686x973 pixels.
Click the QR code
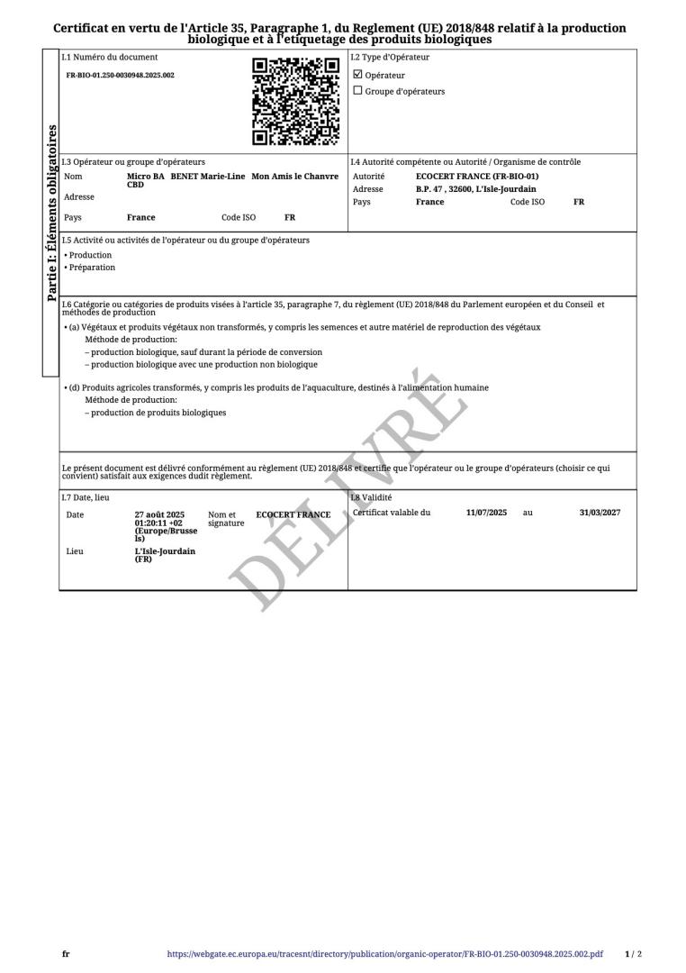[295, 101]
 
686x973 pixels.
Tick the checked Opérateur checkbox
[358, 75]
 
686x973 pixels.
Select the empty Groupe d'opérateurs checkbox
[358, 91]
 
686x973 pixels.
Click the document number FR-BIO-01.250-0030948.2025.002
[121, 76]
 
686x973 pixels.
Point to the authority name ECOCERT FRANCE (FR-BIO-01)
[477, 177]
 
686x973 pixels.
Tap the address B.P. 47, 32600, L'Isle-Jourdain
[475, 189]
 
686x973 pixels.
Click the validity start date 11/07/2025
[486, 513]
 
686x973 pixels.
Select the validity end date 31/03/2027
[600, 513]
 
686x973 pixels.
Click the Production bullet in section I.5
[89, 255]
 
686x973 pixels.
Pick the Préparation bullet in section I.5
[91, 268]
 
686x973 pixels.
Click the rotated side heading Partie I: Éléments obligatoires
[51, 213]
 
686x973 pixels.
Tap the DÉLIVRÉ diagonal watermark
[342, 486]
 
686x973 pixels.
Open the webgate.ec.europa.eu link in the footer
[384, 953]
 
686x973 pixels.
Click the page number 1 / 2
[633, 953]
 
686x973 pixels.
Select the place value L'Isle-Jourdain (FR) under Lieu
[165, 555]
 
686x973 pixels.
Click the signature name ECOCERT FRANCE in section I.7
[293, 515]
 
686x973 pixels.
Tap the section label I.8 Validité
[372, 497]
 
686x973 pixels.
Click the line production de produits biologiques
[158, 413]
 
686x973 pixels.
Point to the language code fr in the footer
[66, 953]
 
